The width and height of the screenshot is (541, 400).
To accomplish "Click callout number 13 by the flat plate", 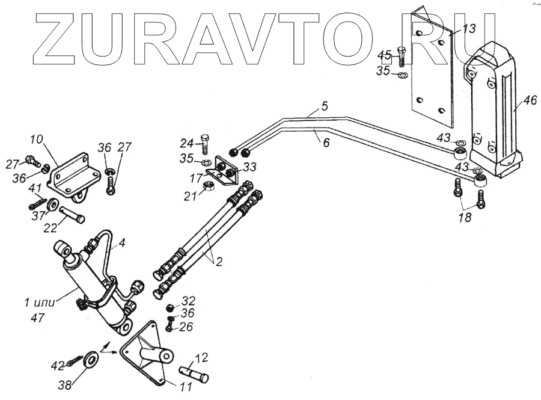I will (x=469, y=29).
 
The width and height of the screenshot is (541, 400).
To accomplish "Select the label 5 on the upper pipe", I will (x=324, y=107).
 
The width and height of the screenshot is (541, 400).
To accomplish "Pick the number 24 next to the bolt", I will (x=186, y=143).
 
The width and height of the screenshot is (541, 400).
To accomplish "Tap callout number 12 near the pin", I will (x=201, y=359).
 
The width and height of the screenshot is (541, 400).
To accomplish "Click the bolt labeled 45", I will (x=402, y=57).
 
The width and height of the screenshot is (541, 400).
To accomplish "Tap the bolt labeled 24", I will (x=206, y=143).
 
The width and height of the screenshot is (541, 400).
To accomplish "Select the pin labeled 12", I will (x=193, y=374).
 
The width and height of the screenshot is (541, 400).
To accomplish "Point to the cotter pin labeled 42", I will (x=77, y=361).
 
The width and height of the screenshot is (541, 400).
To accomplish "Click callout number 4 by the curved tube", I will (x=121, y=245).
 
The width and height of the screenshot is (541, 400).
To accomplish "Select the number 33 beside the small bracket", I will (x=248, y=167).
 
